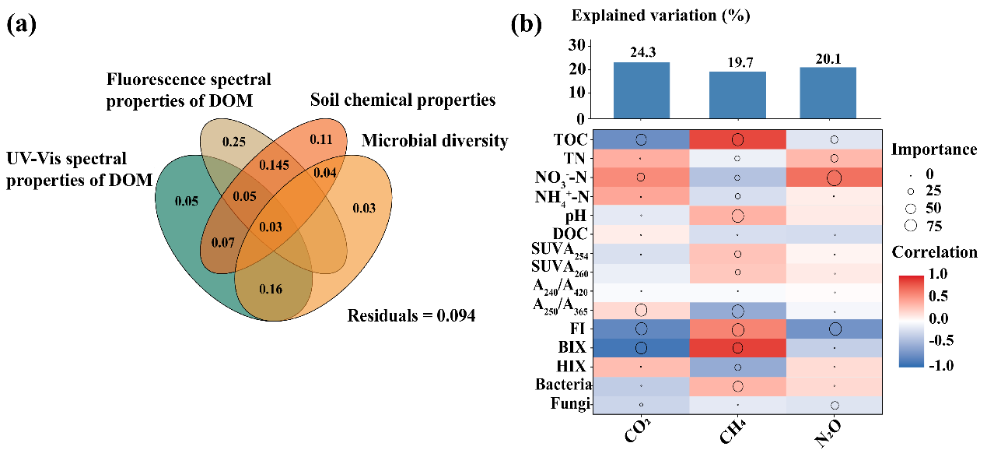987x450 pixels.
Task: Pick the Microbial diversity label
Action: tap(435, 141)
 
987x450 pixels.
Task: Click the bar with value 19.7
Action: tap(737, 95)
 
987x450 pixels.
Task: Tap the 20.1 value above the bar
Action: tap(834, 53)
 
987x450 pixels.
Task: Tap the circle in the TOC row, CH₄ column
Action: tap(737, 140)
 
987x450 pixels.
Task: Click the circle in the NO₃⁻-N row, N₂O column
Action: tap(834, 178)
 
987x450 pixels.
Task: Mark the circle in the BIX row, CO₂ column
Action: tap(640, 346)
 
